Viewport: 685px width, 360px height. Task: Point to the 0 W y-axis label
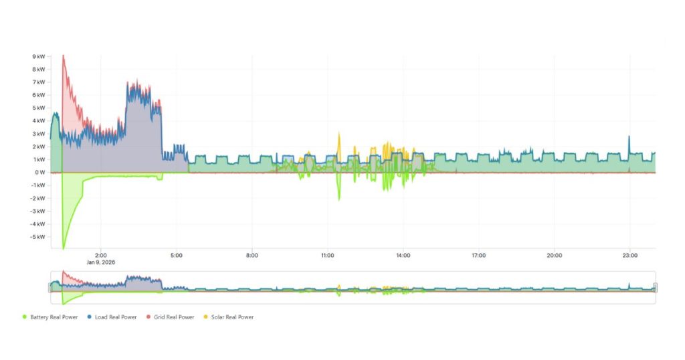click(x=40, y=172)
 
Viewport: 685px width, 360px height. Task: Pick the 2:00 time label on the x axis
click(x=101, y=255)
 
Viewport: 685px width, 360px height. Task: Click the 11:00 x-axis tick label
click(x=328, y=255)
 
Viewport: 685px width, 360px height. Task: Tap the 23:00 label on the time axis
click(x=630, y=255)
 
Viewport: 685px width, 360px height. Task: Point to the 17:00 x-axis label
click(x=479, y=255)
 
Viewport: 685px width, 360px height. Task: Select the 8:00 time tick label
click(x=252, y=255)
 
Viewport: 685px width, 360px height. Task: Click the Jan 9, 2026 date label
click(x=101, y=262)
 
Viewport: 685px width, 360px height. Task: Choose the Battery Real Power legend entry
click(x=47, y=317)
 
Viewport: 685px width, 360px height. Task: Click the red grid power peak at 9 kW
click(x=63, y=56)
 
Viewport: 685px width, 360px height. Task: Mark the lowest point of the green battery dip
click(x=64, y=248)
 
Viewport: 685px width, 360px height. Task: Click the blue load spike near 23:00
click(x=629, y=137)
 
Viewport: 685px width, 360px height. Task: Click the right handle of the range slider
click(x=655, y=287)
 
